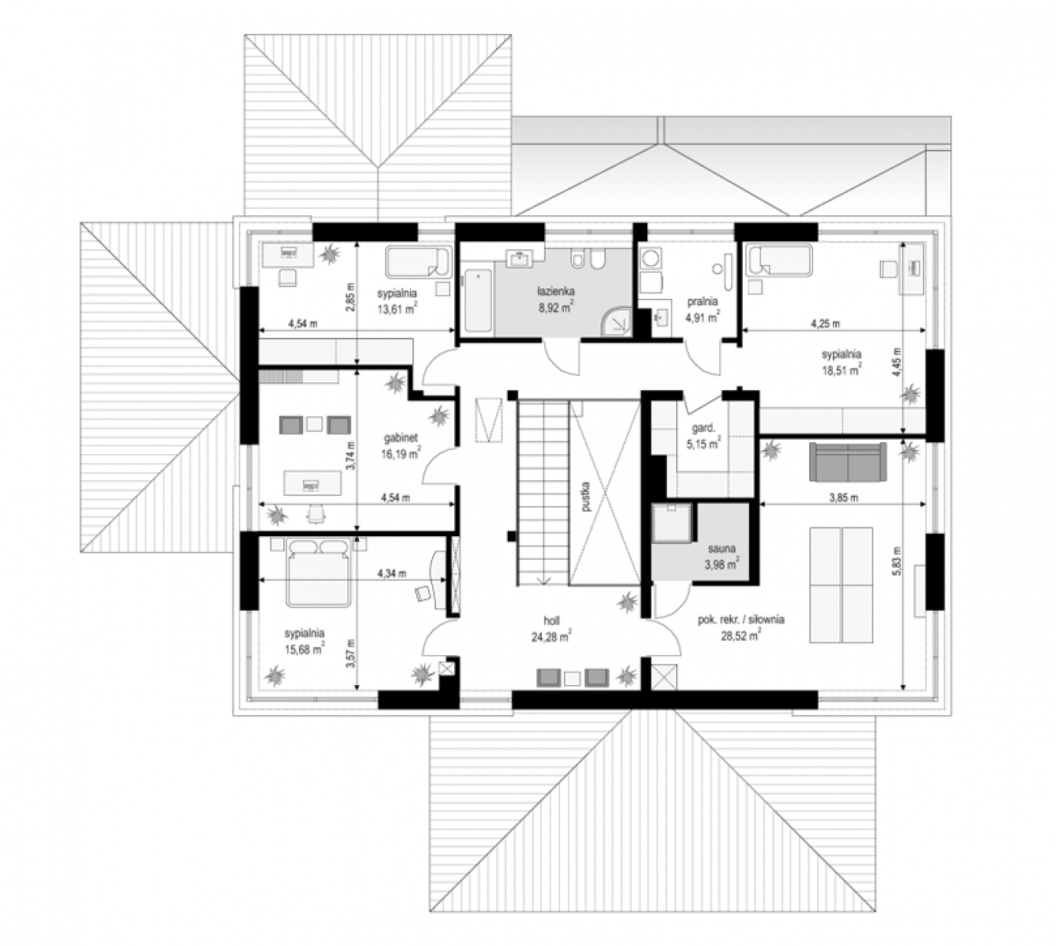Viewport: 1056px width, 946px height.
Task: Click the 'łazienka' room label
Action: pos(556,291)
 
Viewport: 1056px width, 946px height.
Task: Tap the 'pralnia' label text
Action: pos(702,301)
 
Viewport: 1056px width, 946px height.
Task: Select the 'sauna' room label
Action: pos(722,549)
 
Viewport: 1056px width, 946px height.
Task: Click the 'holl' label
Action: pos(551,621)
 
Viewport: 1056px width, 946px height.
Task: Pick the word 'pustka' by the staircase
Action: pos(587,497)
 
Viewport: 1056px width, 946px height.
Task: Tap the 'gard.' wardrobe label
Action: pos(703,429)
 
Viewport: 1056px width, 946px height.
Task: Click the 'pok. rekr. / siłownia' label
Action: pos(741,620)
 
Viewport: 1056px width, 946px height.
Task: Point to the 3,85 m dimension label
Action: pos(843,498)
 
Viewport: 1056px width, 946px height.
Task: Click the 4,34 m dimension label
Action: pos(391,574)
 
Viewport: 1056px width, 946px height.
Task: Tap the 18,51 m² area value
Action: pos(841,371)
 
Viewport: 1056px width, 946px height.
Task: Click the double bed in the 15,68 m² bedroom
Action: pos(317,572)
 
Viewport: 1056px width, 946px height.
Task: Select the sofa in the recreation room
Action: pos(848,461)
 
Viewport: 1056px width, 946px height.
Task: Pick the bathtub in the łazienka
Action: pos(477,300)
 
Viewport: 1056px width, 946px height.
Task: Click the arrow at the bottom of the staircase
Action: pos(543,581)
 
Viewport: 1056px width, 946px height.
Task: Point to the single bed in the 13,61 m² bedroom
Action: pos(418,262)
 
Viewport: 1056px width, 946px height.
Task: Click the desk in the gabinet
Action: pos(313,483)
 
